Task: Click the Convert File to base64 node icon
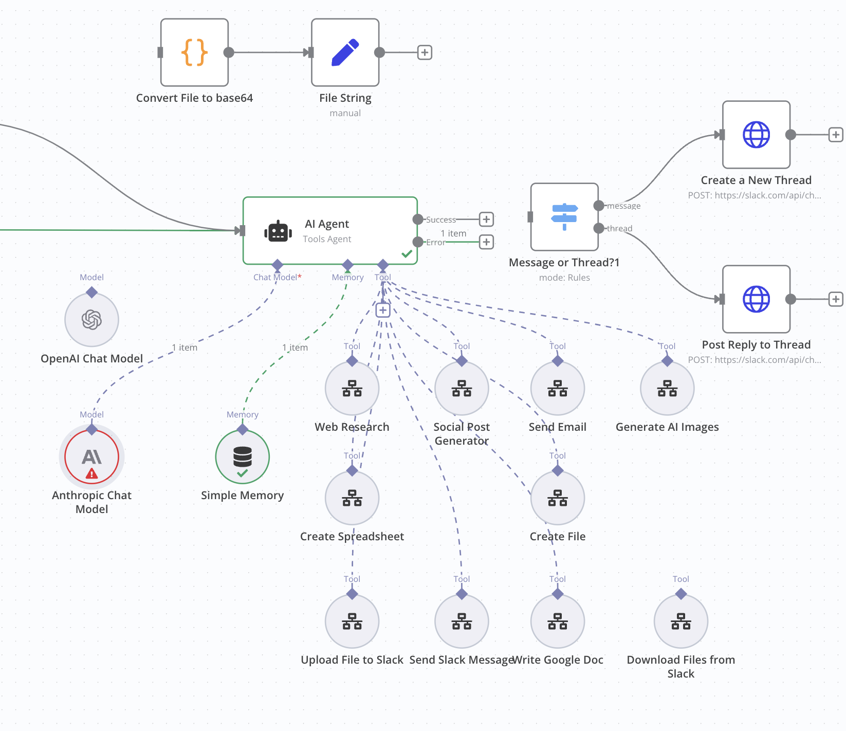click(x=194, y=52)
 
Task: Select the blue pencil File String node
click(x=345, y=52)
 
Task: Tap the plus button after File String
click(x=425, y=52)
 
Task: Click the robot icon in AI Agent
click(x=278, y=231)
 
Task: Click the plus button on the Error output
click(x=486, y=242)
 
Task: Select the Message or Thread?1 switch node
click(x=564, y=217)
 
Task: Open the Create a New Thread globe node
click(x=756, y=135)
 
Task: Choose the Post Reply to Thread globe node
click(x=756, y=299)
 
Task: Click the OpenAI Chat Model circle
click(x=91, y=320)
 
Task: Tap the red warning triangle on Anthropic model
click(x=91, y=473)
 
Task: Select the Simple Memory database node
click(x=243, y=457)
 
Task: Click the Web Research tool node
click(x=352, y=388)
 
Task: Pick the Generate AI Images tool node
click(x=667, y=388)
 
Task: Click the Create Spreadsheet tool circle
click(x=352, y=498)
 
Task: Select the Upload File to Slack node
click(x=352, y=621)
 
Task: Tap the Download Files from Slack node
click(x=681, y=621)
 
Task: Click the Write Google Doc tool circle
click(x=558, y=621)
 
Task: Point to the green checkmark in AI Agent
click(x=407, y=254)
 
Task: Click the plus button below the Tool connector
click(x=383, y=310)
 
